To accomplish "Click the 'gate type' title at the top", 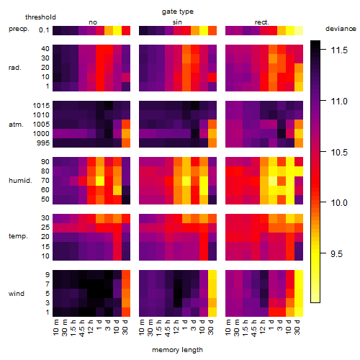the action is click(x=178, y=12).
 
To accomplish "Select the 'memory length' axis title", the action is click(x=177, y=350).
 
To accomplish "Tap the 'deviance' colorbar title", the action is click(x=341, y=29).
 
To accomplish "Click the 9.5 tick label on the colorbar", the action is click(x=336, y=254).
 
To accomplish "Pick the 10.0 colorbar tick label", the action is click(x=339, y=203).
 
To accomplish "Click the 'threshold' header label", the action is click(x=40, y=17).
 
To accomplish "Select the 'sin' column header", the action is click(x=177, y=22).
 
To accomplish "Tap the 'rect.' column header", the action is click(x=261, y=22).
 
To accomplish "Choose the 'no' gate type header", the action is click(x=93, y=22).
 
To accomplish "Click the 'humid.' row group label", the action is click(x=20, y=181).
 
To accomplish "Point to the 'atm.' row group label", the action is click(x=16, y=125).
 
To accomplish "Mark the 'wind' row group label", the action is click(x=17, y=294).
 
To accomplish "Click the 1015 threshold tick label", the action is click(x=41, y=106).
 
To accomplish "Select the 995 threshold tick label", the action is click(x=43, y=143).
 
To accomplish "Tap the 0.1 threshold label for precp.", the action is click(x=44, y=30).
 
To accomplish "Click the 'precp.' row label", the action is click(x=19, y=30).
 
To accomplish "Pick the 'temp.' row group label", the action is click(x=18, y=236).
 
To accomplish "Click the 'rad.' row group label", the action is click(x=15, y=68).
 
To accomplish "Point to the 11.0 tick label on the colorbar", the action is click(x=339, y=102).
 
